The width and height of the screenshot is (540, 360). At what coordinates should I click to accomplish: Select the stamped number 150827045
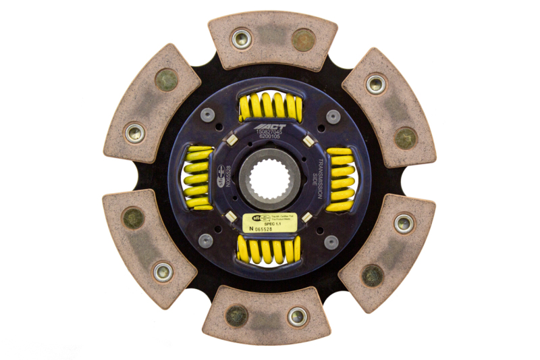tap(270, 133)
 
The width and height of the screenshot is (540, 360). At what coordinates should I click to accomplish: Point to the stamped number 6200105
tap(270, 138)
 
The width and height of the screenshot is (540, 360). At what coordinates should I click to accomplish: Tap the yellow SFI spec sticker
tap(271, 222)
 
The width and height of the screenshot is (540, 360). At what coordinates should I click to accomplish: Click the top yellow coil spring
tap(270, 107)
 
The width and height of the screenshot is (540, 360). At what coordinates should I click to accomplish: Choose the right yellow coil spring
tap(340, 180)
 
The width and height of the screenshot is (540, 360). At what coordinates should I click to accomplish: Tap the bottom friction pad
tap(267, 315)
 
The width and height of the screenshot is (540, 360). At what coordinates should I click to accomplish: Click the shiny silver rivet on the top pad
tap(241, 38)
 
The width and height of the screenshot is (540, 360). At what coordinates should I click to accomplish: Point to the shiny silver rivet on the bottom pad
tap(297, 315)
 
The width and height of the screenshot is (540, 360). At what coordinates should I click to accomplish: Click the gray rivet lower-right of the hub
tap(331, 241)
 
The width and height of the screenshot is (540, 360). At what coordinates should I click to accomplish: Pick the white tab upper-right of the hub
tap(307, 140)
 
